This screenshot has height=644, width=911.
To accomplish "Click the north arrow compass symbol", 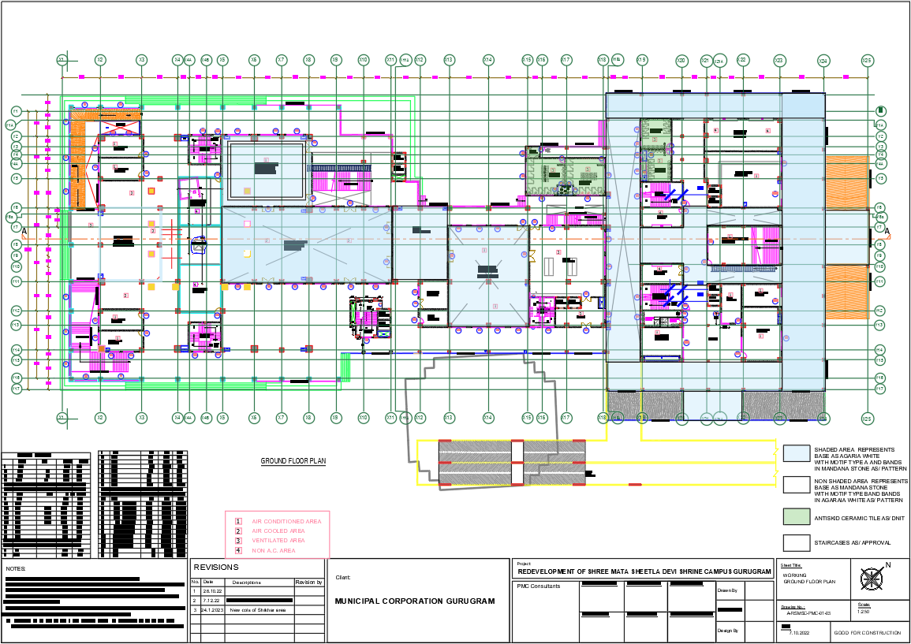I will pos(871,579).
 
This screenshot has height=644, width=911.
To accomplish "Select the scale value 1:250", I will pos(863,612).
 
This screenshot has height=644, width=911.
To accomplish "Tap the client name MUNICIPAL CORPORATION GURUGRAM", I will pos(415,601).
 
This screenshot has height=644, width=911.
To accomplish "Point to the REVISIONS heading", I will pos(216,567).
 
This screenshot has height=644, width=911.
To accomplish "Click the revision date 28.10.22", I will pos(212,590).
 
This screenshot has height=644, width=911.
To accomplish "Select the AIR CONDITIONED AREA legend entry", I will pos(286,521).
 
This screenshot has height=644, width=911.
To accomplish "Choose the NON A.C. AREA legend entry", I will pos(274,550).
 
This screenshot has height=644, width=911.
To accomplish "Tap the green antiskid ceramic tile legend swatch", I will pos(797,517).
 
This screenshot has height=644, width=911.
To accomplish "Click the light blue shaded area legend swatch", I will pos(797,452).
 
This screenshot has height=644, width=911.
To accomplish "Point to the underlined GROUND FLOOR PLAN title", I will pos(293,461).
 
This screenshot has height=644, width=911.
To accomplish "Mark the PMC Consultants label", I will pos(539,586).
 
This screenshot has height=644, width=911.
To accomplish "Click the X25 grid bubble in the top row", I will pos(867,60).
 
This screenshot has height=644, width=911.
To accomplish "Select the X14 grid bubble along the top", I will pos(488,60).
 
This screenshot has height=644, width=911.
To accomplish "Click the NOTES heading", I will pos(16,568).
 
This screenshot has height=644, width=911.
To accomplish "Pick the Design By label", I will pos(728,631).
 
